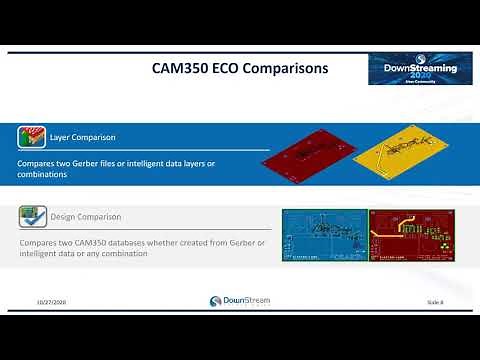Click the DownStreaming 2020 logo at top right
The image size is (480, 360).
pyautogui.click(x=420, y=68)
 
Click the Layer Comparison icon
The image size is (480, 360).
pyautogui.click(x=31, y=137)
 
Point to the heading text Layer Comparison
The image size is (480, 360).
pyautogui.click(x=82, y=136)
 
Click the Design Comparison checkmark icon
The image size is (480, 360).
pyautogui.click(x=31, y=217)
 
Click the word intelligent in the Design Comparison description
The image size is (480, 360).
pyautogui.click(x=39, y=255)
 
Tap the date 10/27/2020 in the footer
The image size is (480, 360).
pyautogui.click(x=52, y=301)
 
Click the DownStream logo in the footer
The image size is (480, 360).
pyautogui.click(x=239, y=301)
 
